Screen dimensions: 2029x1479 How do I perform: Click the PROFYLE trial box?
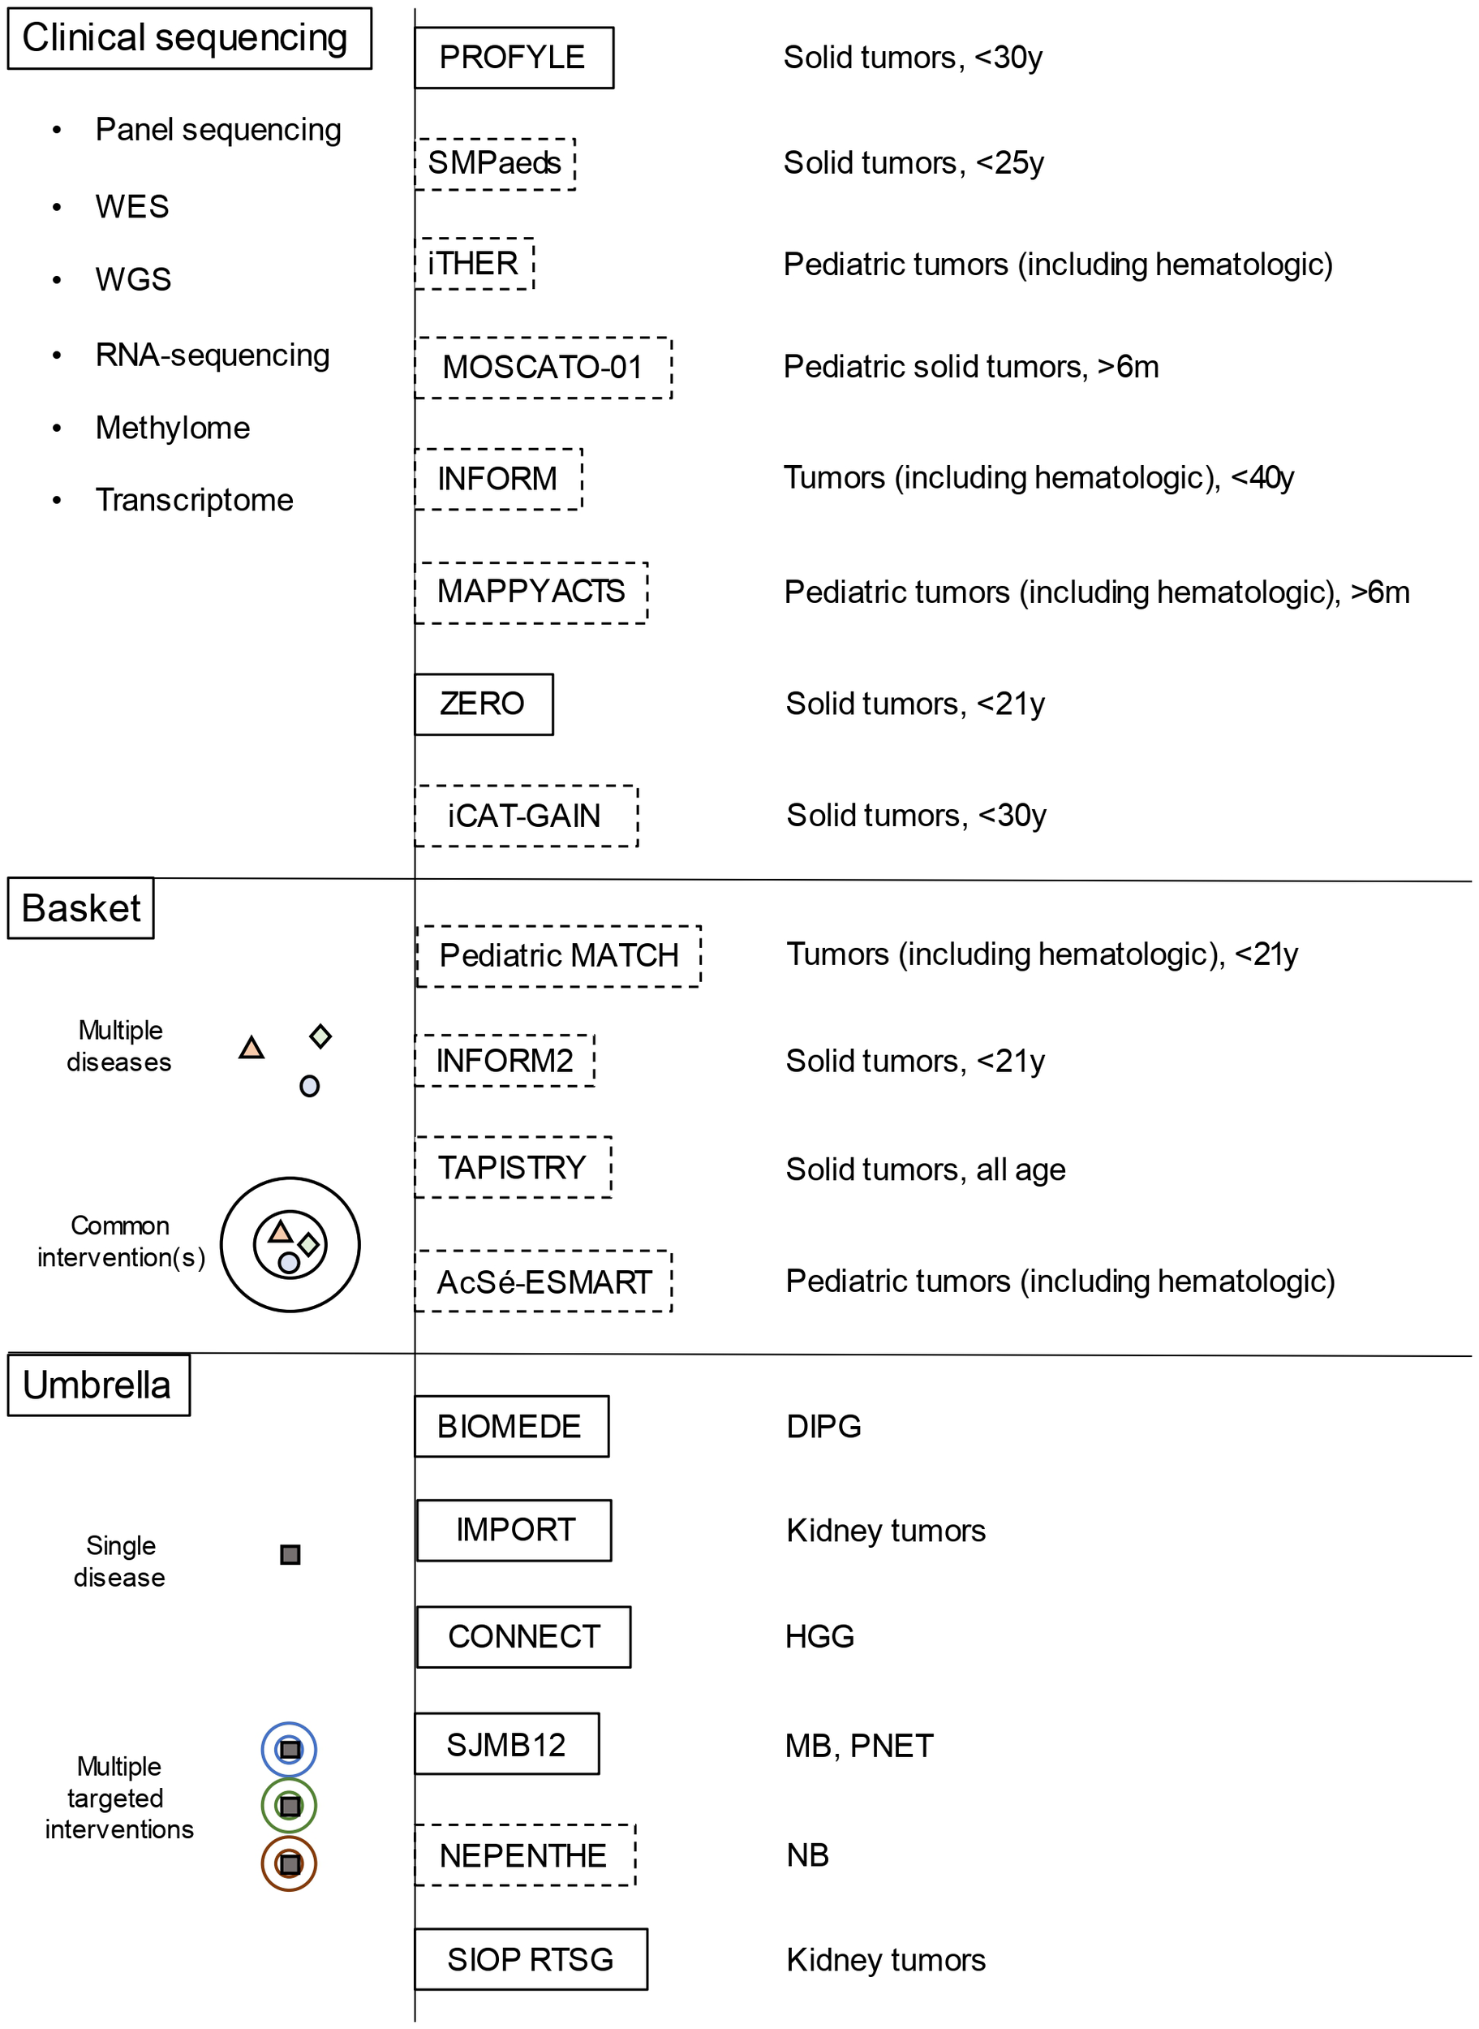(x=514, y=58)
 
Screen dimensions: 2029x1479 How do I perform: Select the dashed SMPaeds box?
(x=494, y=163)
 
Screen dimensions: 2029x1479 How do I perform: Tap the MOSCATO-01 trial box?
(x=543, y=367)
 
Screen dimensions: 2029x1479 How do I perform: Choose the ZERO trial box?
(x=484, y=704)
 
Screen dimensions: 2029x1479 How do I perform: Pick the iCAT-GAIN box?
(x=526, y=816)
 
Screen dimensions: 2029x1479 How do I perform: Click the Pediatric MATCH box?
(x=559, y=955)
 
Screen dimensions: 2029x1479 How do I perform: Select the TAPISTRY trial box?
(x=512, y=1168)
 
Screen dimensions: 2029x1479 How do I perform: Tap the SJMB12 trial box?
(x=507, y=1745)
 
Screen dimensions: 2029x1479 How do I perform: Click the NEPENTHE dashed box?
(x=525, y=1856)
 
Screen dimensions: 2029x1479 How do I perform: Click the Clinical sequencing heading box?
(x=189, y=38)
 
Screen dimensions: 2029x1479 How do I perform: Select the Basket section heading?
(x=80, y=908)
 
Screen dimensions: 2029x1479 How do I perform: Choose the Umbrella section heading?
(x=98, y=1385)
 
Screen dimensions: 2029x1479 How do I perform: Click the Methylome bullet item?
(x=173, y=428)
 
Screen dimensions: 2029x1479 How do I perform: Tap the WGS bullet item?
(x=133, y=279)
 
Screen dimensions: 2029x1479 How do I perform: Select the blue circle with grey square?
(x=289, y=1749)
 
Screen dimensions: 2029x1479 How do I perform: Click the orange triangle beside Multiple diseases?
(x=252, y=1048)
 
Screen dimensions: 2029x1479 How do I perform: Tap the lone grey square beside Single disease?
(x=290, y=1554)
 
